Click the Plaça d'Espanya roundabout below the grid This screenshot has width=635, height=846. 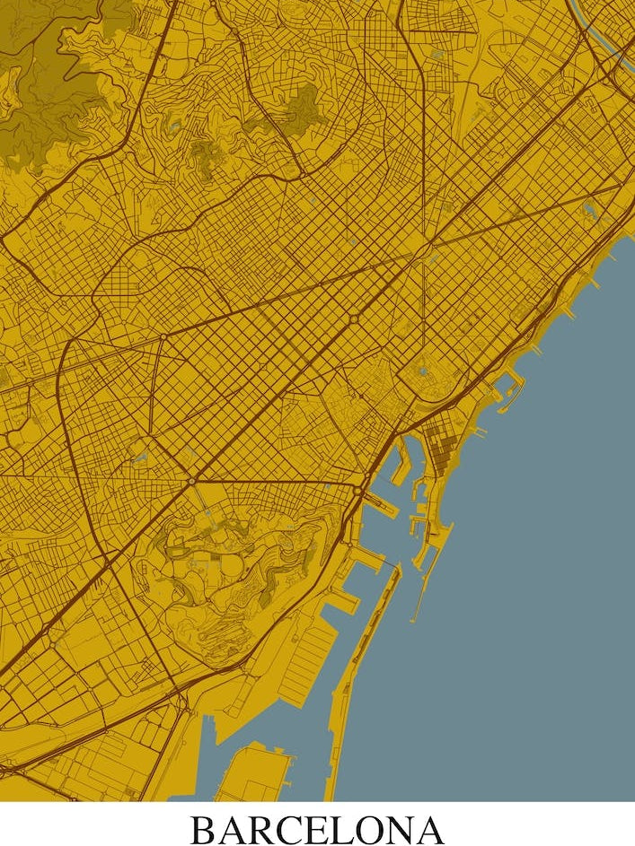point(191,482)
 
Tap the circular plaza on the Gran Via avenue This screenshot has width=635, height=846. point(353,318)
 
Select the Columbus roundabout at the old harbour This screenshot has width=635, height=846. point(358,491)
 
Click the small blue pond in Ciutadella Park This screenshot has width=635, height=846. point(423,370)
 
